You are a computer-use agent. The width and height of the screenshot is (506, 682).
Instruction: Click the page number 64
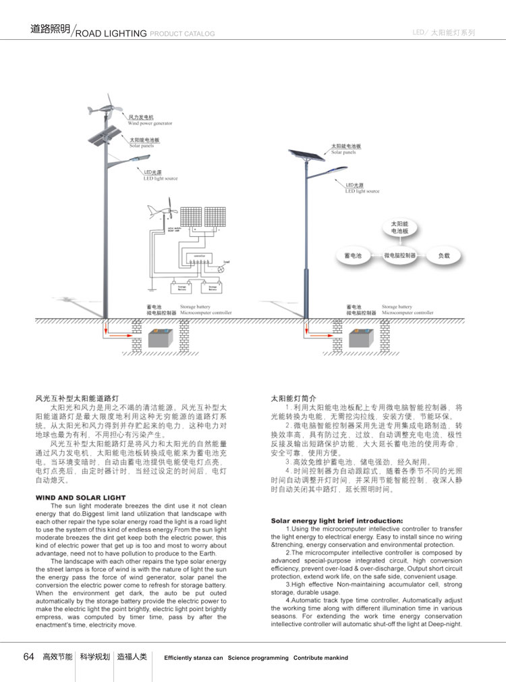click(x=28, y=656)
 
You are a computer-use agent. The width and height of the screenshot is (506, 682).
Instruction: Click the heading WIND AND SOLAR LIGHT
click(x=80, y=498)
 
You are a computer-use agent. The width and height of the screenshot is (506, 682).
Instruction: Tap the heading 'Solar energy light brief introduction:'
click(x=337, y=521)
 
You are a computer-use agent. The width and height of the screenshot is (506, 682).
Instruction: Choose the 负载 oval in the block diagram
click(x=443, y=257)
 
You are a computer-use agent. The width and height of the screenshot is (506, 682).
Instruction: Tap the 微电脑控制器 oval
click(x=400, y=257)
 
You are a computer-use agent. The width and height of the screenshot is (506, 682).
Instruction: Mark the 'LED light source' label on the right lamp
click(x=362, y=191)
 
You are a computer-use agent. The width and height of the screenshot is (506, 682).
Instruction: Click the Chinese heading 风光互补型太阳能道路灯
click(x=77, y=398)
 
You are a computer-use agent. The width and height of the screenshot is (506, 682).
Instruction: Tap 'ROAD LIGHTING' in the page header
click(x=111, y=33)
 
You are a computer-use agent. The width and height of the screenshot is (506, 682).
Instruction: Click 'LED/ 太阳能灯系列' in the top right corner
click(x=443, y=32)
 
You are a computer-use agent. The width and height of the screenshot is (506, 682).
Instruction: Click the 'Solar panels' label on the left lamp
click(x=142, y=145)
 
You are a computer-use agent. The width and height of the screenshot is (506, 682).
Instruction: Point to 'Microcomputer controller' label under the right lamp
click(x=407, y=313)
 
